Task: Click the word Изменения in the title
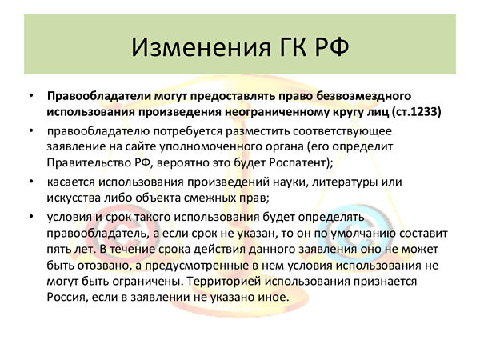click(x=201, y=47)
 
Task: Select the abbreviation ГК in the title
click(x=293, y=47)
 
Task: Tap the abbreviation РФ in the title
click(x=332, y=47)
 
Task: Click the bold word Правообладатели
click(x=99, y=96)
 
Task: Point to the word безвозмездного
click(x=363, y=96)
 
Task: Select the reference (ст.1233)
click(x=417, y=112)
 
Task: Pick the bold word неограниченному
click(x=276, y=112)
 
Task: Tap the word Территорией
click(x=224, y=282)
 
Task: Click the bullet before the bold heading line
click(x=31, y=96)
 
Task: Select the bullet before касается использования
click(x=31, y=182)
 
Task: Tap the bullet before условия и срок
click(x=31, y=218)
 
